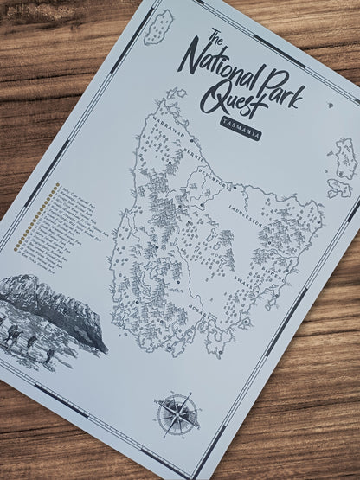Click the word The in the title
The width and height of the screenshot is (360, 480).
(x=215, y=38)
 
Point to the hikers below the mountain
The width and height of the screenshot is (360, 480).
(x=22, y=333)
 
